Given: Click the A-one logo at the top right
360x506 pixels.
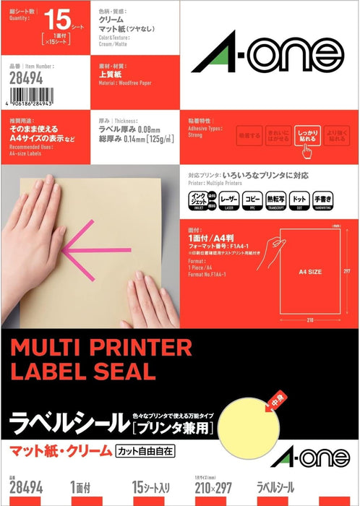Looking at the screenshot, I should [267, 56].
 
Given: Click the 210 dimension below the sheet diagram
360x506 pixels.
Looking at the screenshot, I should [309, 318].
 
